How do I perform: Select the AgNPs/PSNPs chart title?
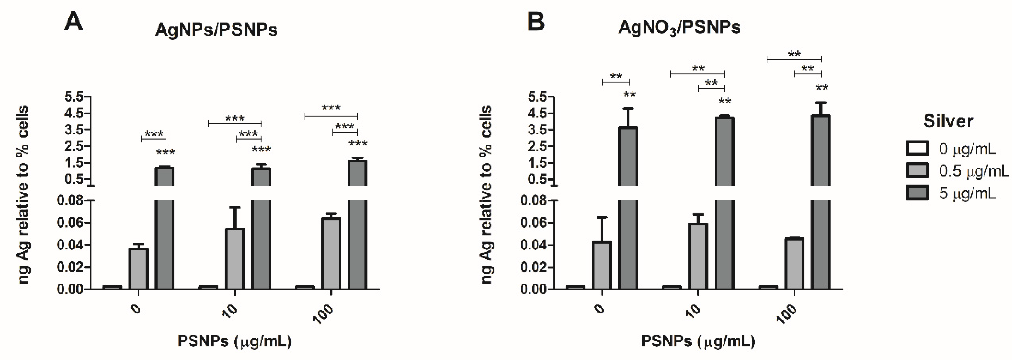[216, 30]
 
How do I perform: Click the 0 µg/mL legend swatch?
[917, 149]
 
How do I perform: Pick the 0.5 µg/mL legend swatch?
[917, 171]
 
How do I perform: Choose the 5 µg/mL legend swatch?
[917, 193]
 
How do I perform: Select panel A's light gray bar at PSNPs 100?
[331, 253]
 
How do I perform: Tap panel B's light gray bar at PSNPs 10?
[698, 256]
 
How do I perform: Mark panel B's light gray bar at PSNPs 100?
[794, 263]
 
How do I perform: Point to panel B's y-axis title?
[487, 195]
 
